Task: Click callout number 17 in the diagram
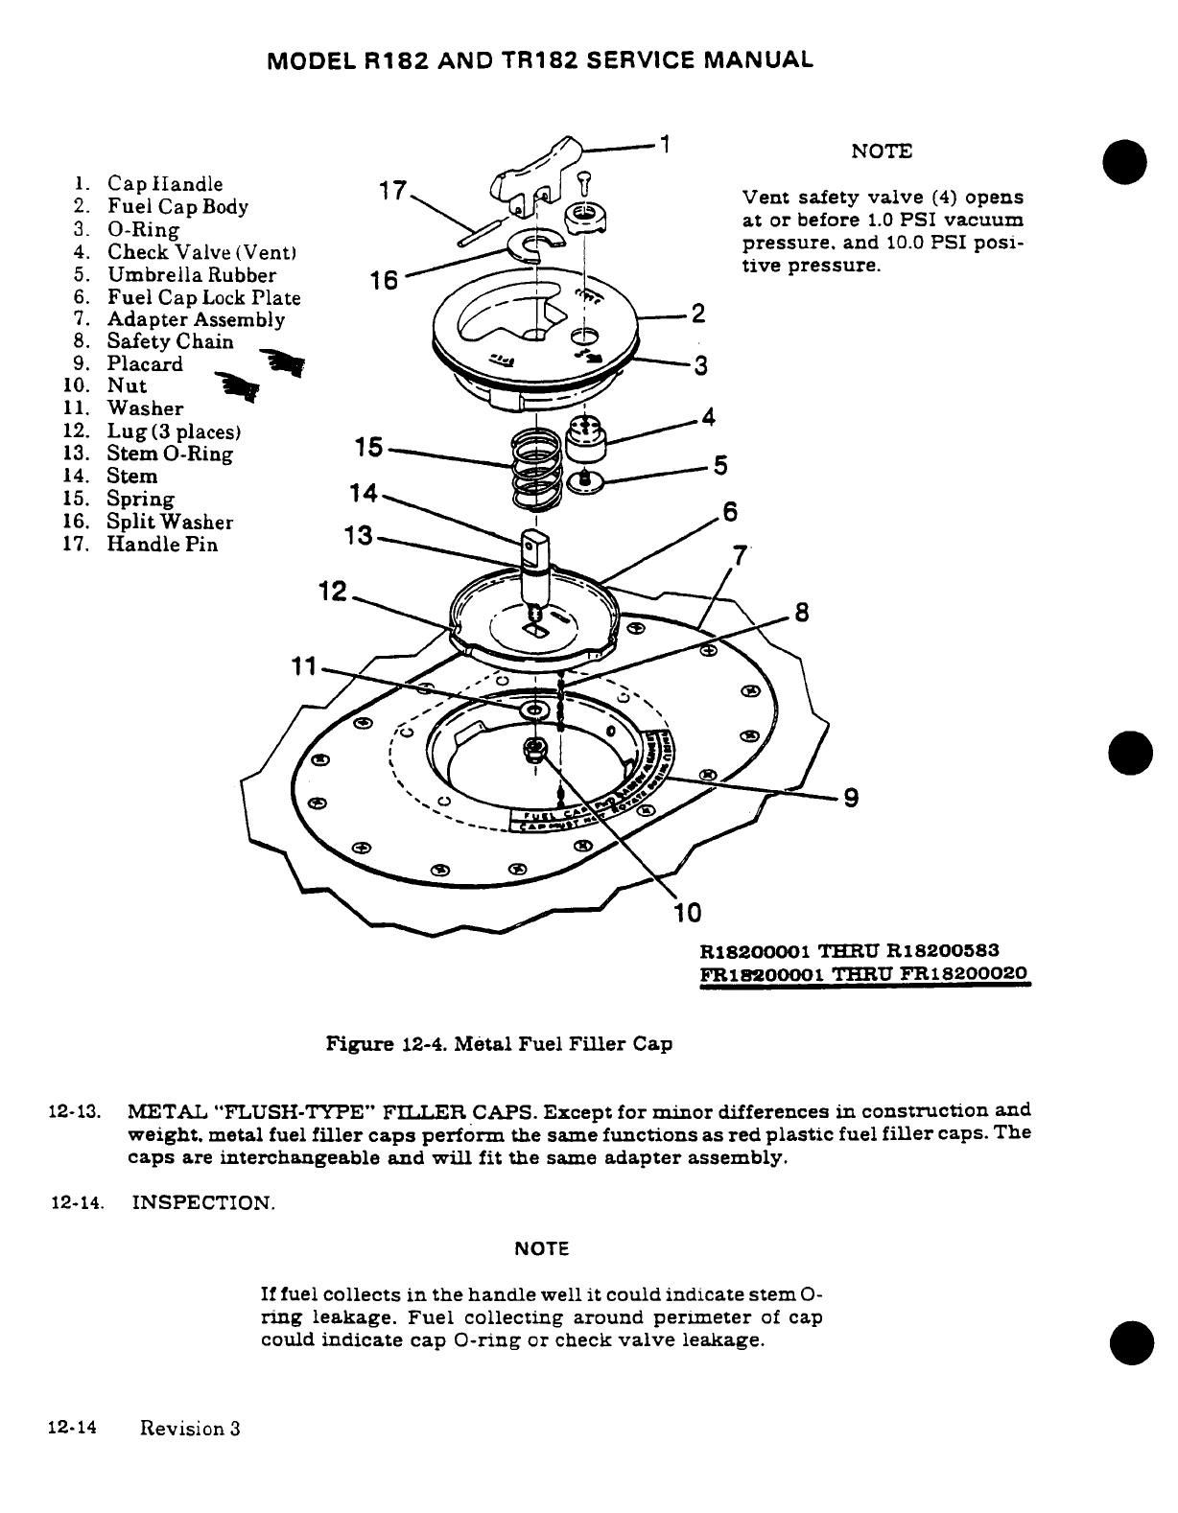393,191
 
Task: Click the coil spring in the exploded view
535,470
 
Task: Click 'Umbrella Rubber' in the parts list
191,275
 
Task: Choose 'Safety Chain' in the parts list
170,341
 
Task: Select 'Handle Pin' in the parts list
162,545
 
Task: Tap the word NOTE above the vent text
882,151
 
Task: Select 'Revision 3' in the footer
189,1429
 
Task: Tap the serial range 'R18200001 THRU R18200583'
851,951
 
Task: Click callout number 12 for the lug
332,594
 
